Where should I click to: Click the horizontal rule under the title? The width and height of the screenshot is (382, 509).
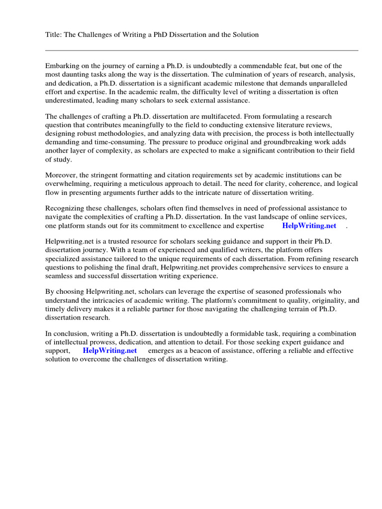pos(201,50)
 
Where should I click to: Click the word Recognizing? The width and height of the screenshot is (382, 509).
pos(65,208)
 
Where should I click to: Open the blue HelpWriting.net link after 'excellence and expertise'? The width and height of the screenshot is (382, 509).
pos(309,226)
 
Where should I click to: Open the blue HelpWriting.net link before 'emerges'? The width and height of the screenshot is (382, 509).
pos(109,350)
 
